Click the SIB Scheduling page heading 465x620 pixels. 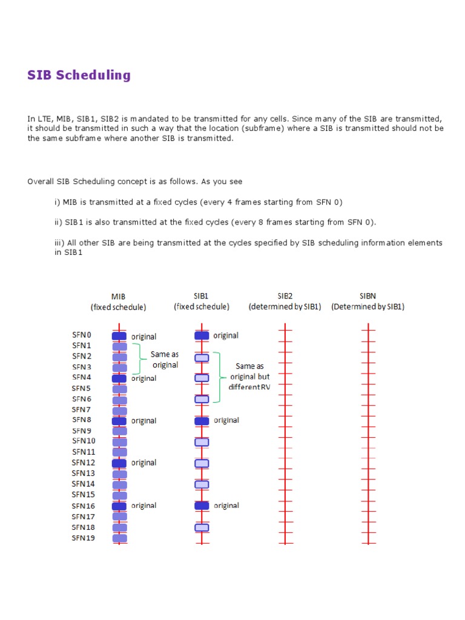point(79,75)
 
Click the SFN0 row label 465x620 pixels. point(81,335)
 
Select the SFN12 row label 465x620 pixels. point(83,462)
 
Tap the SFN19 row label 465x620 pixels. point(83,538)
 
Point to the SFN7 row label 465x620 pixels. point(81,409)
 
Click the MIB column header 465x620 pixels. point(119,297)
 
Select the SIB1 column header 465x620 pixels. point(201,297)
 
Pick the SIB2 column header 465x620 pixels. point(285,297)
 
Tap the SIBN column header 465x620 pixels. point(368,297)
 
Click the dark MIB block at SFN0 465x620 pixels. point(119,336)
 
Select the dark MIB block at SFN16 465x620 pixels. point(119,506)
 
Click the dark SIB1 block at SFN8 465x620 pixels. point(202,421)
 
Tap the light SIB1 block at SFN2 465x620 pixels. point(202,357)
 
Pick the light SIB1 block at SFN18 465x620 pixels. point(202,527)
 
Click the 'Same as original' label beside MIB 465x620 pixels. point(165,360)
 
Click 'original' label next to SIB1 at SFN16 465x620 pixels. point(226,506)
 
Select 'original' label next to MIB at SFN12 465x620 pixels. point(143,463)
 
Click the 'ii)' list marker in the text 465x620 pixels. point(58,222)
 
